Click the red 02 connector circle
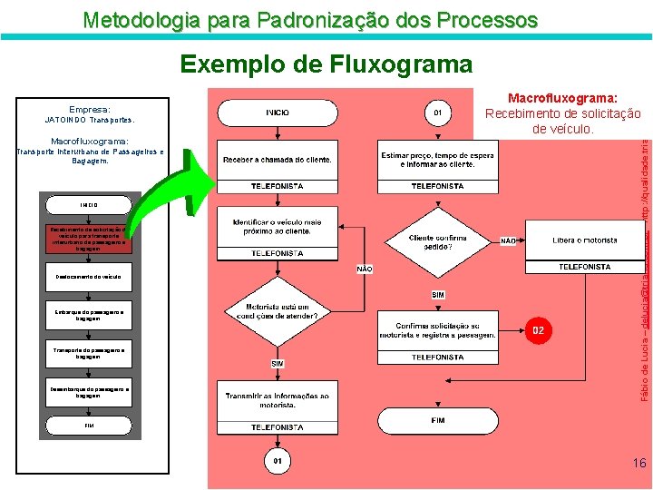click(538, 329)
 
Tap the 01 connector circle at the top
click(437, 113)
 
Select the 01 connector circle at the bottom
click(278, 461)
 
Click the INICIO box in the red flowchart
click(278, 113)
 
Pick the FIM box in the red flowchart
click(438, 421)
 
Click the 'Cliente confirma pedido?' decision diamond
click(438, 242)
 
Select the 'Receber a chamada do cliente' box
click(278, 160)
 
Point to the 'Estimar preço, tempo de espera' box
click(437, 160)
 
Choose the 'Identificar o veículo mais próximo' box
click(278, 226)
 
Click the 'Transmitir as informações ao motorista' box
click(278, 401)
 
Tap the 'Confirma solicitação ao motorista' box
click(438, 330)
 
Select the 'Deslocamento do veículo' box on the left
click(89, 276)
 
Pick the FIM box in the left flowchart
click(89, 425)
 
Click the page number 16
click(639, 464)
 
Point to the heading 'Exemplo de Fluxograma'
click(326, 64)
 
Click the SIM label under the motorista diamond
click(278, 363)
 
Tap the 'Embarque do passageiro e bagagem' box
click(89, 313)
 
